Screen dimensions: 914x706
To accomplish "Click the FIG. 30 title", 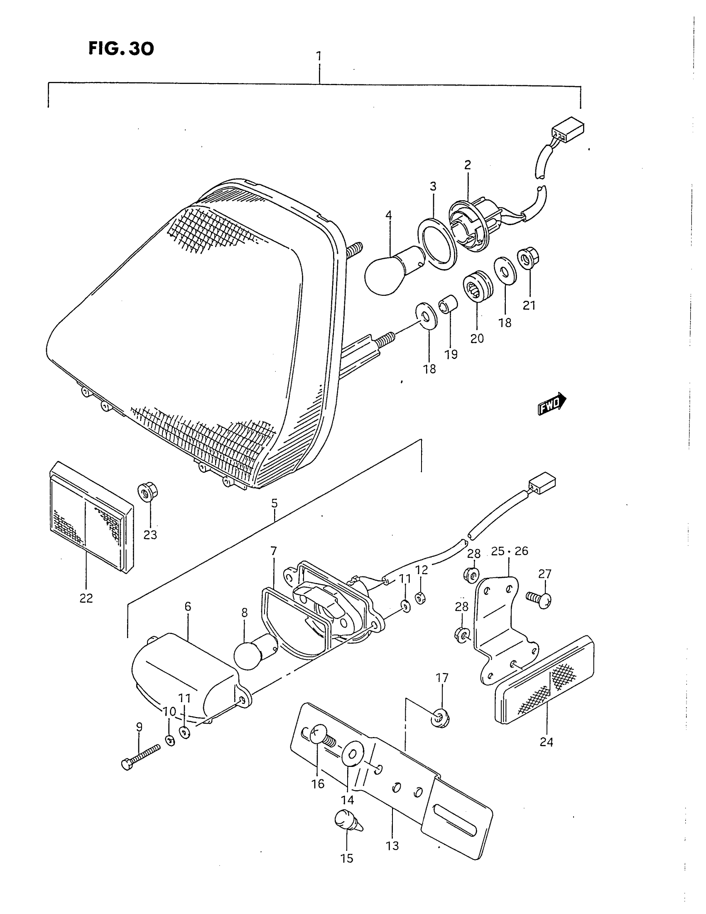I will pyautogui.click(x=121, y=49).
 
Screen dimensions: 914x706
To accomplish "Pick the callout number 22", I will pyautogui.click(x=86, y=598).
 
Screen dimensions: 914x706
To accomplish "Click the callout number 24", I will pyautogui.click(x=546, y=742).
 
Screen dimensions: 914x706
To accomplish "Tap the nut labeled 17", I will pyautogui.click(x=439, y=718).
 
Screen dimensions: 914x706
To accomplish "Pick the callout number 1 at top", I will pyautogui.click(x=319, y=56).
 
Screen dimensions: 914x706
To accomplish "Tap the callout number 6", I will pyautogui.click(x=188, y=606).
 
